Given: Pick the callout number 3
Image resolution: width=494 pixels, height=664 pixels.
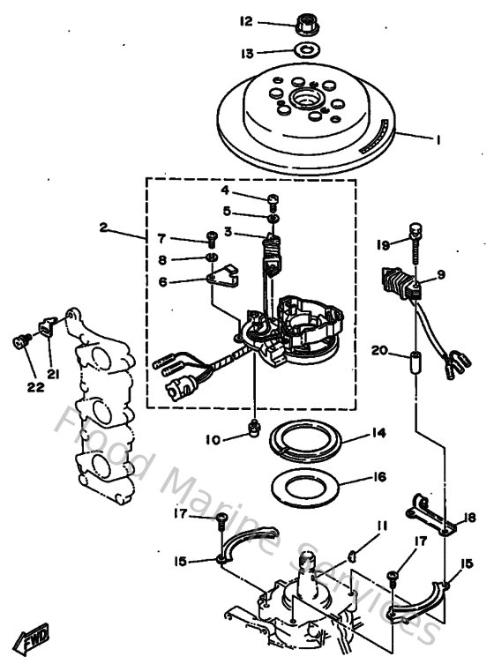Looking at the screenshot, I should pos(227,232).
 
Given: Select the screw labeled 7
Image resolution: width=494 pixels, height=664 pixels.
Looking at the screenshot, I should pos(212,237).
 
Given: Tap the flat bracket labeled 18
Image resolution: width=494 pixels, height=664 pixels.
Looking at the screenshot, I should pos(432,515).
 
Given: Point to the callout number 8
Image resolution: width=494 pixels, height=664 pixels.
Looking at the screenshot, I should pos(161,259).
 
